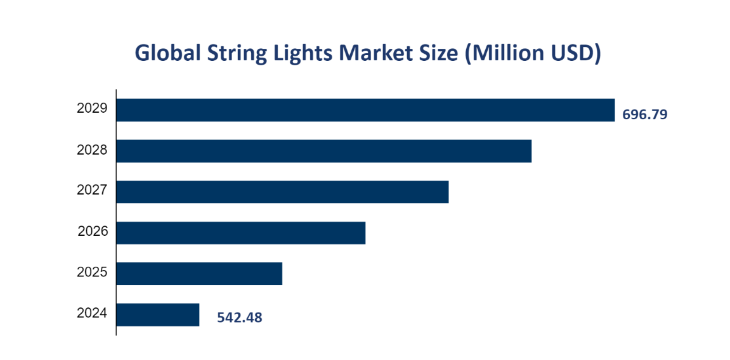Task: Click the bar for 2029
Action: [x=365, y=110]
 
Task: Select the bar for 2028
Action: [x=323, y=151]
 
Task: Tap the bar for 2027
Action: [x=282, y=191]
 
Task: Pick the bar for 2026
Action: [x=241, y=233]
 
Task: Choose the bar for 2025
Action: [x=199, y=273]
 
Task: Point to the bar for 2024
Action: [x=158, y=314]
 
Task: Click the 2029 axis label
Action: [x=92, y=108]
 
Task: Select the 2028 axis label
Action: [x=92, y=150]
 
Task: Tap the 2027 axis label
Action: [x=92, y=190]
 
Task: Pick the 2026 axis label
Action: [x=93, y=231]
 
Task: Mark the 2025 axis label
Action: [x=92, y=273]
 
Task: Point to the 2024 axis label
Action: [x=92, y=313]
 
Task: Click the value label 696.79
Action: [x=644, y=115]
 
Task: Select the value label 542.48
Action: [x=239, y=318]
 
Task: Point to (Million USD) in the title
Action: [x=533, y=54]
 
